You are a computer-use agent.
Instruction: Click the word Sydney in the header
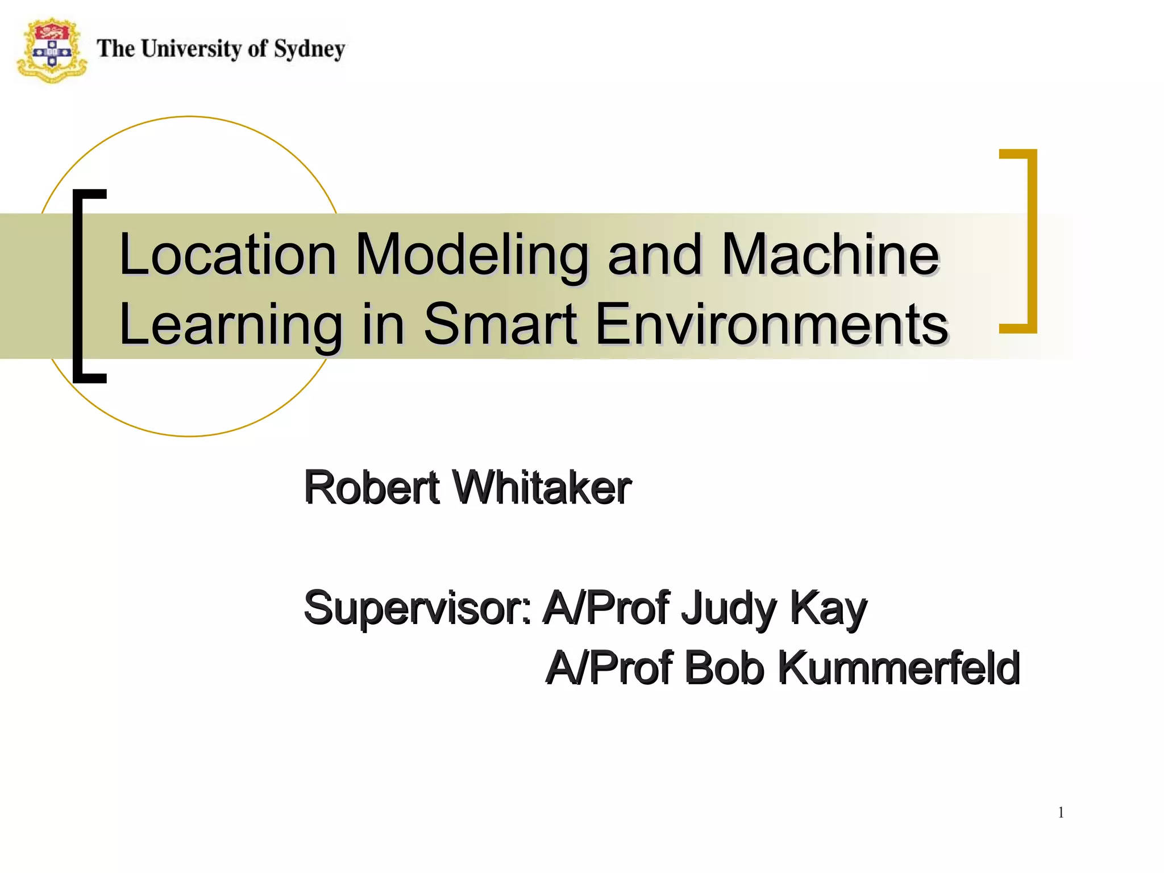(309, 49)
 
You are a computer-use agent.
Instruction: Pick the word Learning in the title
(230, 325)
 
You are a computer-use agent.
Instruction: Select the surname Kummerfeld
(898, 668)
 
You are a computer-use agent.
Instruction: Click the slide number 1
(1061, 813)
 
